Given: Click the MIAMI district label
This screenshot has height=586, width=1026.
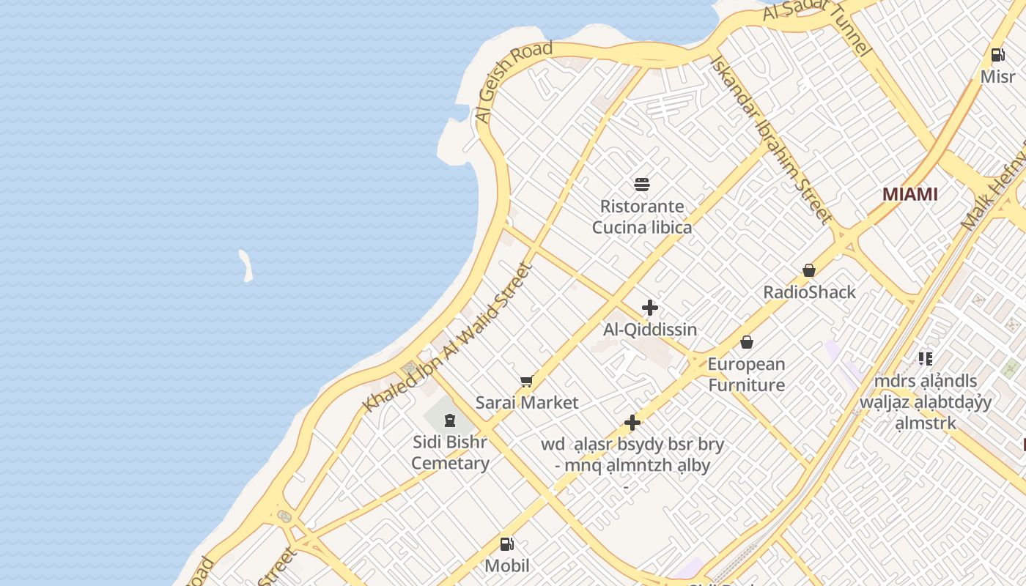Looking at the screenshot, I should tap(909, 194).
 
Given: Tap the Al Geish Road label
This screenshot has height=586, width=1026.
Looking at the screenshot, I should tap(513, 82).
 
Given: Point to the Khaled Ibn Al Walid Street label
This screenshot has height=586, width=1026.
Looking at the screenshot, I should tap(446, 338).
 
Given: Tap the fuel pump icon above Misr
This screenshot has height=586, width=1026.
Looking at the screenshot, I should tap(997, 54).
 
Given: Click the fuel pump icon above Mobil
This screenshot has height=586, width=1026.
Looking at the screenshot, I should tap(506, 544).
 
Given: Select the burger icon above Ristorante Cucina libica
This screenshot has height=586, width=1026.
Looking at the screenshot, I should tap(642, 184).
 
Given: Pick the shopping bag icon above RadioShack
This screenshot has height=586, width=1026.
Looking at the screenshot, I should tap(809, 270).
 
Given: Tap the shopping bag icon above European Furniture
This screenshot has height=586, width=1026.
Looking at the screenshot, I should tap(746, 342).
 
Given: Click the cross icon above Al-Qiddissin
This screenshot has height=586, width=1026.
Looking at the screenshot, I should tap(649, 308).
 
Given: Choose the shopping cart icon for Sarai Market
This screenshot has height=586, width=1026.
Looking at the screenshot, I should tap(526, 380).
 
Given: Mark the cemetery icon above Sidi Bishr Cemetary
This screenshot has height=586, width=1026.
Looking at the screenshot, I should tap(449, 420).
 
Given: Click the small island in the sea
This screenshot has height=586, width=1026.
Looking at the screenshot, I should tap(246, 265).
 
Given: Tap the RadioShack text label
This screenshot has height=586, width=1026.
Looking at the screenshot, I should tap(809, 292).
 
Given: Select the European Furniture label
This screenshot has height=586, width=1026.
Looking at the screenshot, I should tap(746, 374).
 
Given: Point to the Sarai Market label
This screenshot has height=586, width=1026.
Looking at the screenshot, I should tap(526, 402).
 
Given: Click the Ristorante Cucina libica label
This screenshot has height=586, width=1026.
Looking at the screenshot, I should tap(642, 217).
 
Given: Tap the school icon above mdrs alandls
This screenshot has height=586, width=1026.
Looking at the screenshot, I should tap(926, 358).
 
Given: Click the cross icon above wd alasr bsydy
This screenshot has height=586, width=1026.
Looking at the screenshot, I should tap(632, 423).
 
